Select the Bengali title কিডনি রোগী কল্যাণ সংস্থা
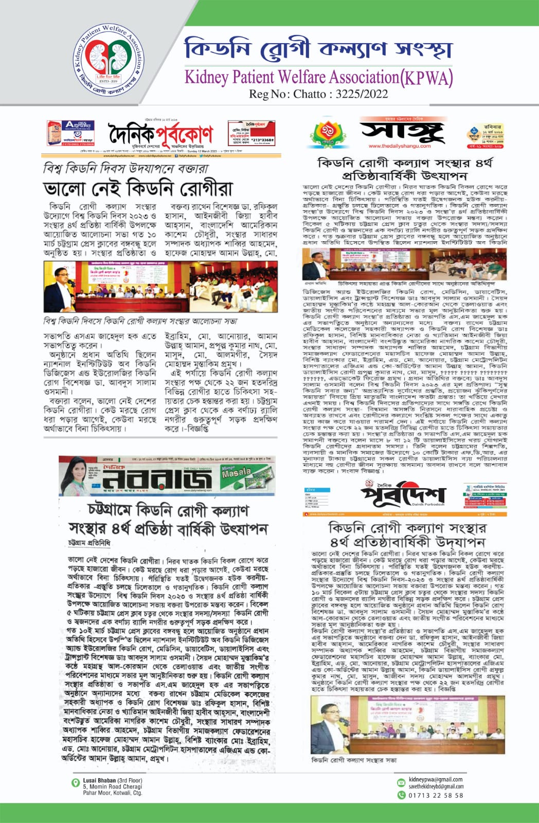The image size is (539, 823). [x=318, y=49]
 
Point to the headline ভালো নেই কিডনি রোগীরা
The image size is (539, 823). [x=138, y=188]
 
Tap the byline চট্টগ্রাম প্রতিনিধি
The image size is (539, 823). [x=89, y=543]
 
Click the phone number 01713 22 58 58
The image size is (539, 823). [x=436, y=795]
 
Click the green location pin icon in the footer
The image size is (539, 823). [x=76, y=782]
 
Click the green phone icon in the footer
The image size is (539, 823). [x=402, y=795]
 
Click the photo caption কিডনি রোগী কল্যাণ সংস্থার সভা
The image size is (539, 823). [x=354, y=760]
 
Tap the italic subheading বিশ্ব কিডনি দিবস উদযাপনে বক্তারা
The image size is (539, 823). [x=126, y=168]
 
